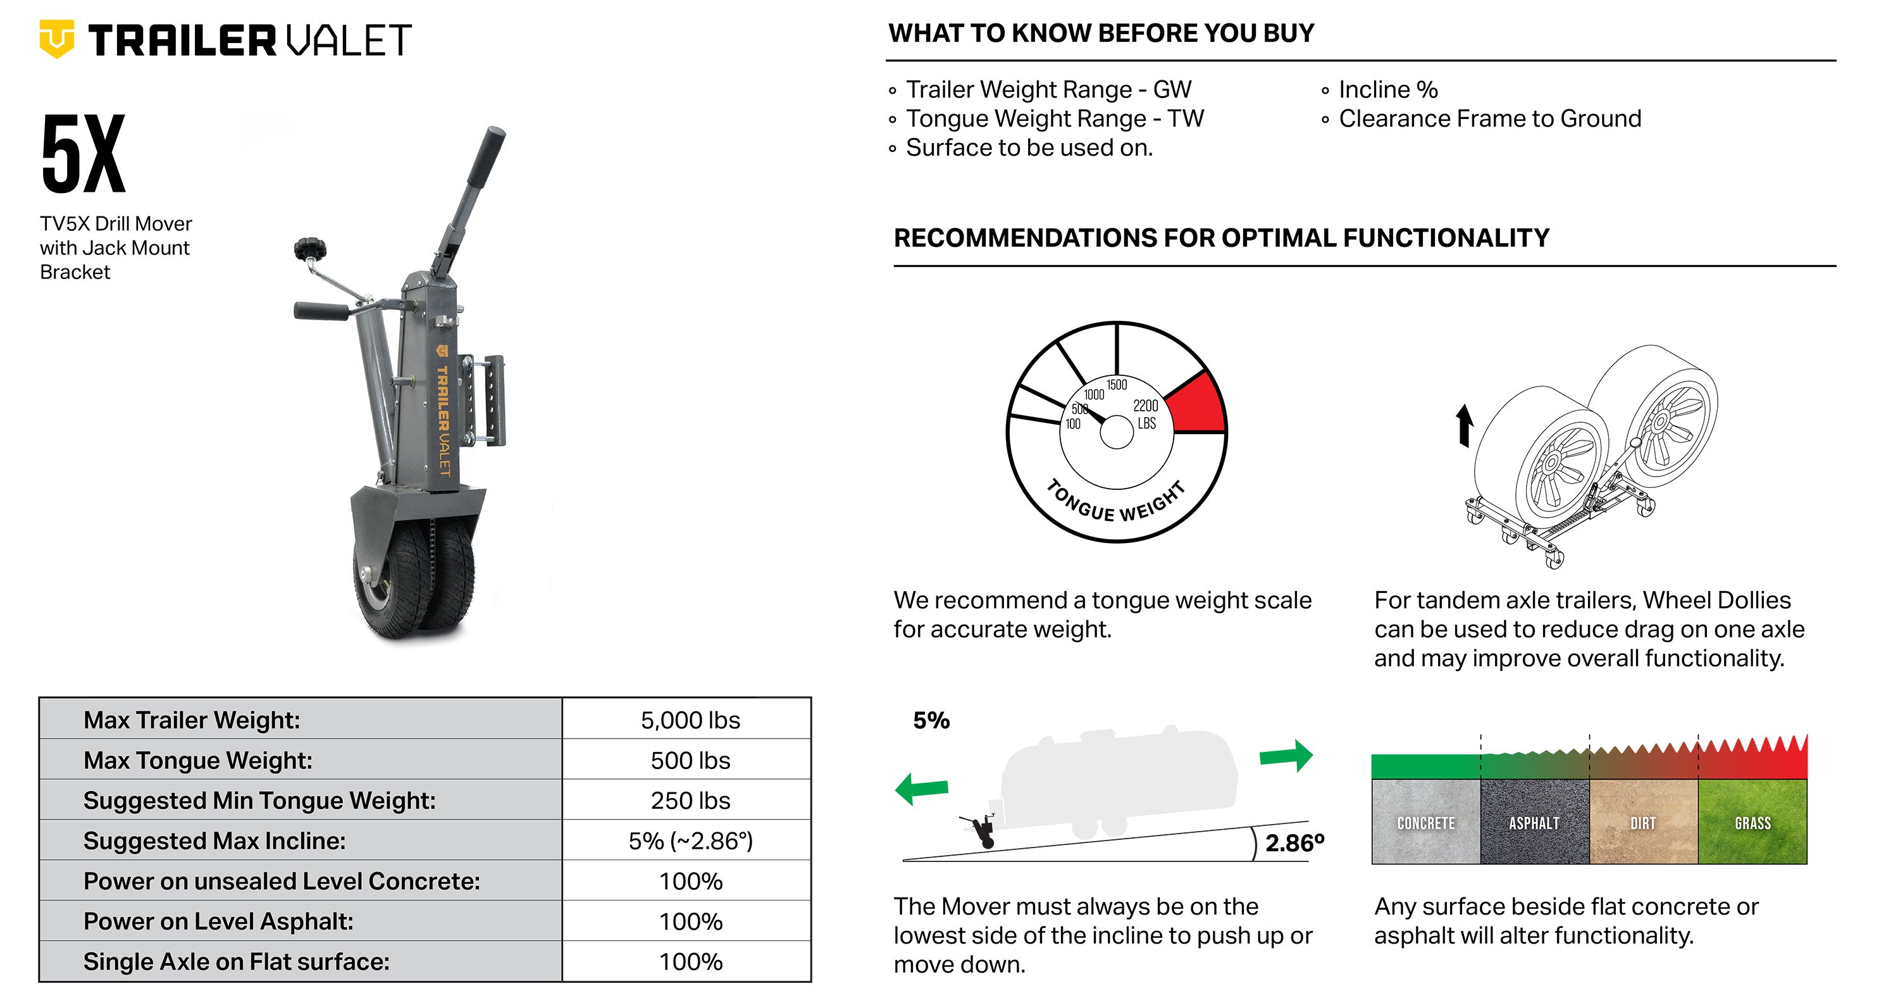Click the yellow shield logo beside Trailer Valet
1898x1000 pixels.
pos(57,39)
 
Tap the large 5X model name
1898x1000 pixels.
pos(84,154)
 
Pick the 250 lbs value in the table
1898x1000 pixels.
pos(690,800)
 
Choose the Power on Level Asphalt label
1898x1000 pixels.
pos(218,921)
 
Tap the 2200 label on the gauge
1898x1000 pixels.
pos(1146,405)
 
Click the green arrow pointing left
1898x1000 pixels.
pos(922,789)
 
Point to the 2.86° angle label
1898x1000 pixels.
pos(1294,842)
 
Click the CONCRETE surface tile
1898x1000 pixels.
pos(1425,822)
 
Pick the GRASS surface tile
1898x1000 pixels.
pos(1753,822)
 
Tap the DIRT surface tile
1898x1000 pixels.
pos(1644,822)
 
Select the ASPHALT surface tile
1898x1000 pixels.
pos(1535,822)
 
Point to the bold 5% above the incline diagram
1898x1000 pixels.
pos(931,720)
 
